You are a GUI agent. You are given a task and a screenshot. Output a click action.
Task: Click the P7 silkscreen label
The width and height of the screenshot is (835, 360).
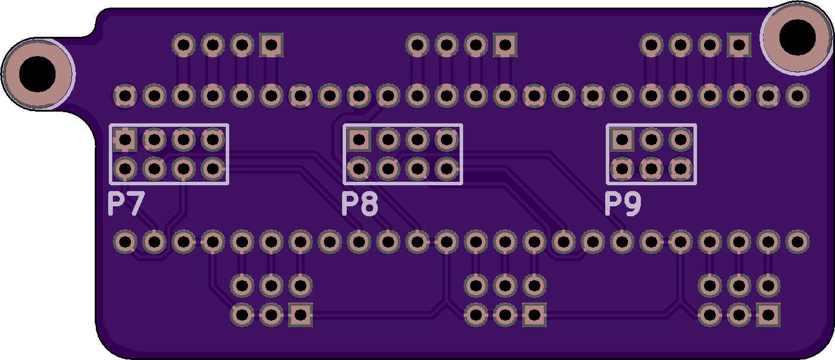126,204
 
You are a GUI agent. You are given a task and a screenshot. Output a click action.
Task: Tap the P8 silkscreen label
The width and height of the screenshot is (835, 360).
360,204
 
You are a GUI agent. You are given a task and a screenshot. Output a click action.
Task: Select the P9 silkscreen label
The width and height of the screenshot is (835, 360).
623,204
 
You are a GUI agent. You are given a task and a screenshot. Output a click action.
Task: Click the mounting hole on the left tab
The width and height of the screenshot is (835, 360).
37,74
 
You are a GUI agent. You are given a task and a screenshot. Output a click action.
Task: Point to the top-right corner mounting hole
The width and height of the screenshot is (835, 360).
798,37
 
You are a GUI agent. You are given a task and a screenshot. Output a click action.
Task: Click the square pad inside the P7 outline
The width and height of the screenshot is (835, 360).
125,140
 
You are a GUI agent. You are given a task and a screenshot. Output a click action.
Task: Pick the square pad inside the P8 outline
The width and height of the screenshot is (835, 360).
359,140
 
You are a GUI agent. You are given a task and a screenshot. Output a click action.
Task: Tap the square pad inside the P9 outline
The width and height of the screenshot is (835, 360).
622,140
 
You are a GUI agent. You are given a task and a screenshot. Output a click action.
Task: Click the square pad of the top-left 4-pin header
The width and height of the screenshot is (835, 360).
271,45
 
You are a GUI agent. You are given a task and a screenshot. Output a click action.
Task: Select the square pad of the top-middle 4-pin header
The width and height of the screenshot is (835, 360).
505,45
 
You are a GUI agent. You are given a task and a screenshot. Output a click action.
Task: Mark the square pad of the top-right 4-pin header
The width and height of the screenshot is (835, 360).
739,45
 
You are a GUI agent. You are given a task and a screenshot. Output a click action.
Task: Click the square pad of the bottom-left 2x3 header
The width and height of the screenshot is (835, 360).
301,315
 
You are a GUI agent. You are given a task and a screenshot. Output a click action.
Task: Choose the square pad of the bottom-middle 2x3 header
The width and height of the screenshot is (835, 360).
534,315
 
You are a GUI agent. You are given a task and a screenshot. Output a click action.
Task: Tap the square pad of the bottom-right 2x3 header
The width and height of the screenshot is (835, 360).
768,315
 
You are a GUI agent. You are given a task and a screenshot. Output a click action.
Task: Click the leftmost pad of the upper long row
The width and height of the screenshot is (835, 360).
125,96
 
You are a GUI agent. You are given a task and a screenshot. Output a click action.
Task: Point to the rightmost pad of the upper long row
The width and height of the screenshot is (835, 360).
798,96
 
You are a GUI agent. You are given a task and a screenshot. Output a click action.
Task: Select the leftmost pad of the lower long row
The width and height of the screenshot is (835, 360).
125,242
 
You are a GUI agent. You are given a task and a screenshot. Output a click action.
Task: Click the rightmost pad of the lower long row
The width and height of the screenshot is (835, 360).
798,242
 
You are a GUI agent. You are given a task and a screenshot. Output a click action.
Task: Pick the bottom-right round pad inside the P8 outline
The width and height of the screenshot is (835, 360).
447,169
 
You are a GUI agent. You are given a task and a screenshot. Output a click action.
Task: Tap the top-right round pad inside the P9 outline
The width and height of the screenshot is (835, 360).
680,140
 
